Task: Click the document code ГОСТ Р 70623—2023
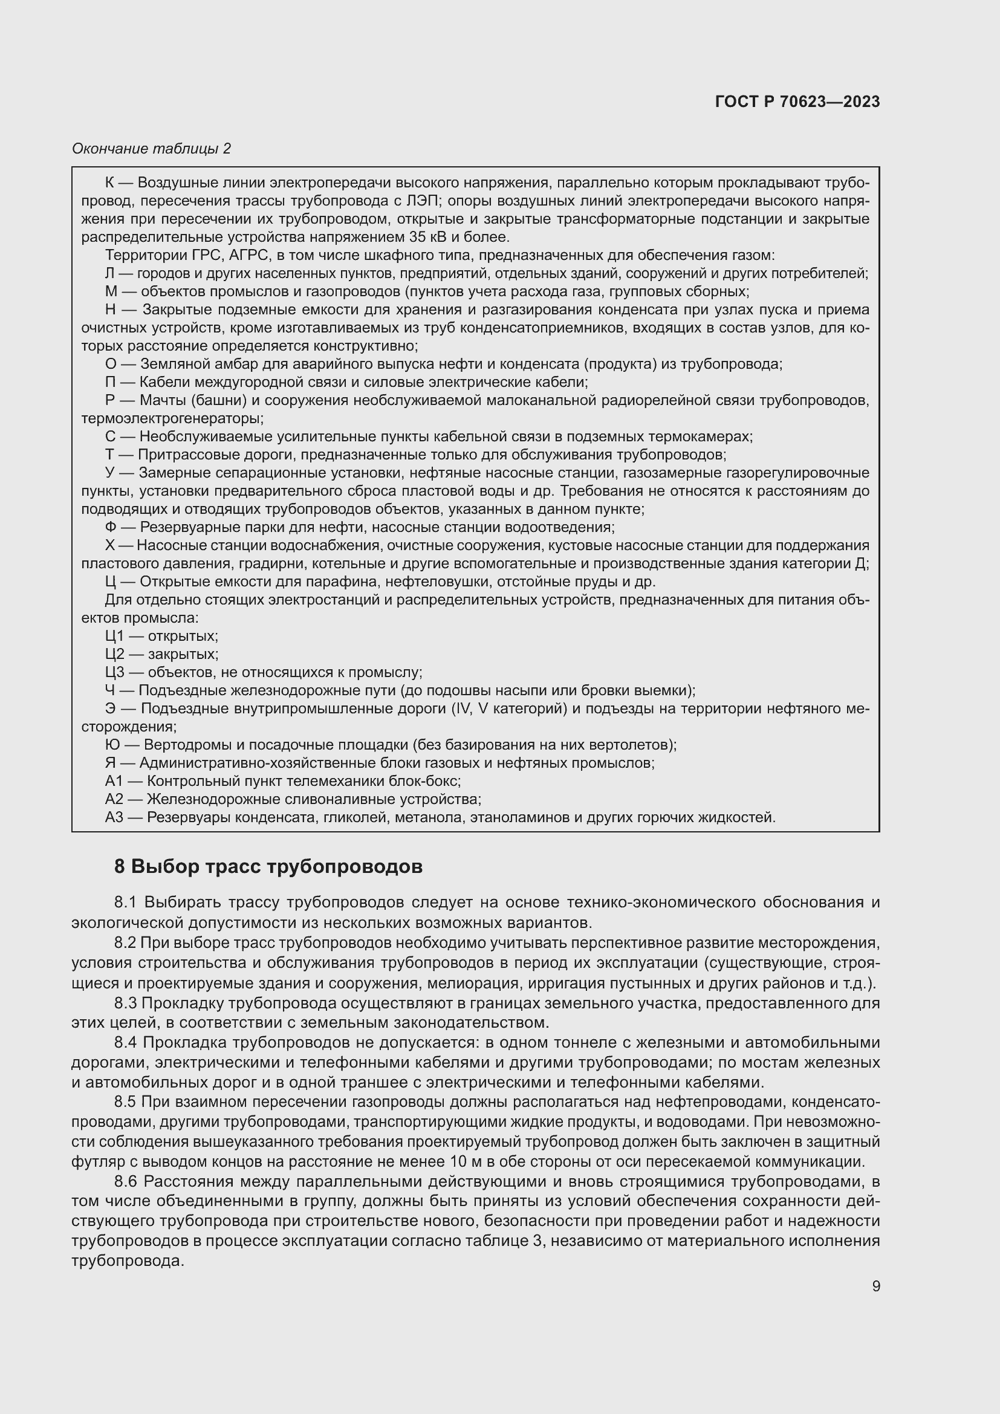pyautogui.click(x=797, y=102)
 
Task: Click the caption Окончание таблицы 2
pyautogui.click(x=151, y=149)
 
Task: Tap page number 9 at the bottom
pyautogui.click(x=875, y=1286)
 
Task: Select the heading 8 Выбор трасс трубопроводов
pyautogui.click(x=268, y=866)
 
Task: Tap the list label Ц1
pyautogui.click(x=114, y=636)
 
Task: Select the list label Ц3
pyautogui.click(x=114, y=672)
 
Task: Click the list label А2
pyautogui.click(x=114, y=799)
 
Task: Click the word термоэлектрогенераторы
pyautogui.click(x=172, y=419)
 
